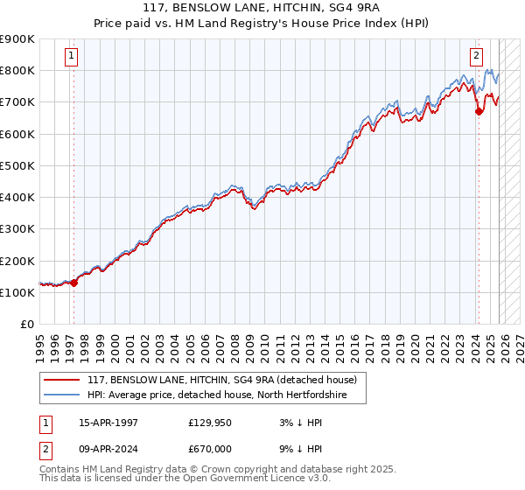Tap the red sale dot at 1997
coord(73,283)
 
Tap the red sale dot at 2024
coord(479,111)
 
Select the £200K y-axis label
coord(17,261)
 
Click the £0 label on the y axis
coord(26,325)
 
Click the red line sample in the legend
coord(62,381)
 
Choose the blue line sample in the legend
coord(62,395)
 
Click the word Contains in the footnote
coord(60,471)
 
